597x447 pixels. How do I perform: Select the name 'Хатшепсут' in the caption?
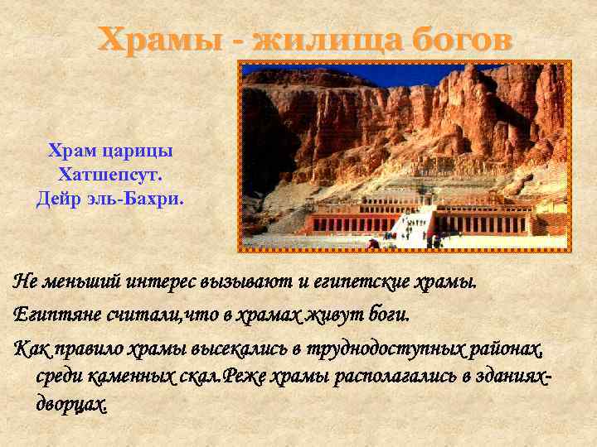coord(109,175)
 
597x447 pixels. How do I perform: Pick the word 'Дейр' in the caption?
coord(58,199)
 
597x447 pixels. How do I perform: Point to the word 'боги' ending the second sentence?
coord(386,315)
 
